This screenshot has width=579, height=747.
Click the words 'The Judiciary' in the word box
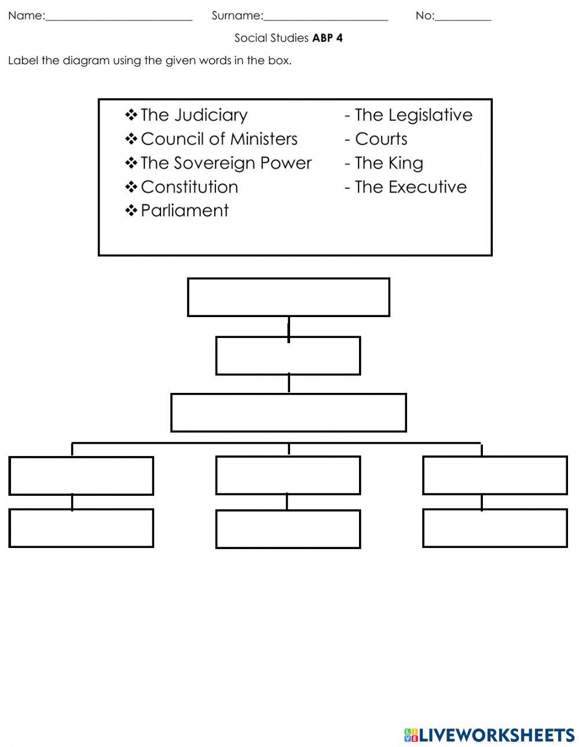point(193,115)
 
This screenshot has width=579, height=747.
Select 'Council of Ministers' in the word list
point(219,139)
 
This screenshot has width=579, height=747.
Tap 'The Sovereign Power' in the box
point(226,163)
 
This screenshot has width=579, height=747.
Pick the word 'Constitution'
point(189,187)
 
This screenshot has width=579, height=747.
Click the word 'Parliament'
point(185,211)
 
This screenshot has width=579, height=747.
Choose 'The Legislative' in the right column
point(413,115)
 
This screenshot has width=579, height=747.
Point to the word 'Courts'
point(381,139)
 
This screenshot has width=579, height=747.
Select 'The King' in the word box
point(389,163)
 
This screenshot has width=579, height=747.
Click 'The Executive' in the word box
point(411,187)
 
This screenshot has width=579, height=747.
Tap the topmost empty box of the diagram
point(288,297)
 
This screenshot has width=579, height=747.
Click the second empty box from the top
point(288,356)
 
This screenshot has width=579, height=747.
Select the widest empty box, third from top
point(288,413)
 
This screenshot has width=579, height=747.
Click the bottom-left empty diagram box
point(81,528)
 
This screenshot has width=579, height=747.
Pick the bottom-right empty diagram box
point(495,528)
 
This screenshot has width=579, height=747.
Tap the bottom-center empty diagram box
point(288,529)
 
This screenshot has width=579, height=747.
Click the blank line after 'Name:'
point(119,17)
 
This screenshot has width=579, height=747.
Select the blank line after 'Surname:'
point(325,17)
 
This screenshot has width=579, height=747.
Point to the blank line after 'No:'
point(463,17)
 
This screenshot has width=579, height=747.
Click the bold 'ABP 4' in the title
point(327,38)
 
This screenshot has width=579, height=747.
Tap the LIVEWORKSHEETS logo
point(489,735)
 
